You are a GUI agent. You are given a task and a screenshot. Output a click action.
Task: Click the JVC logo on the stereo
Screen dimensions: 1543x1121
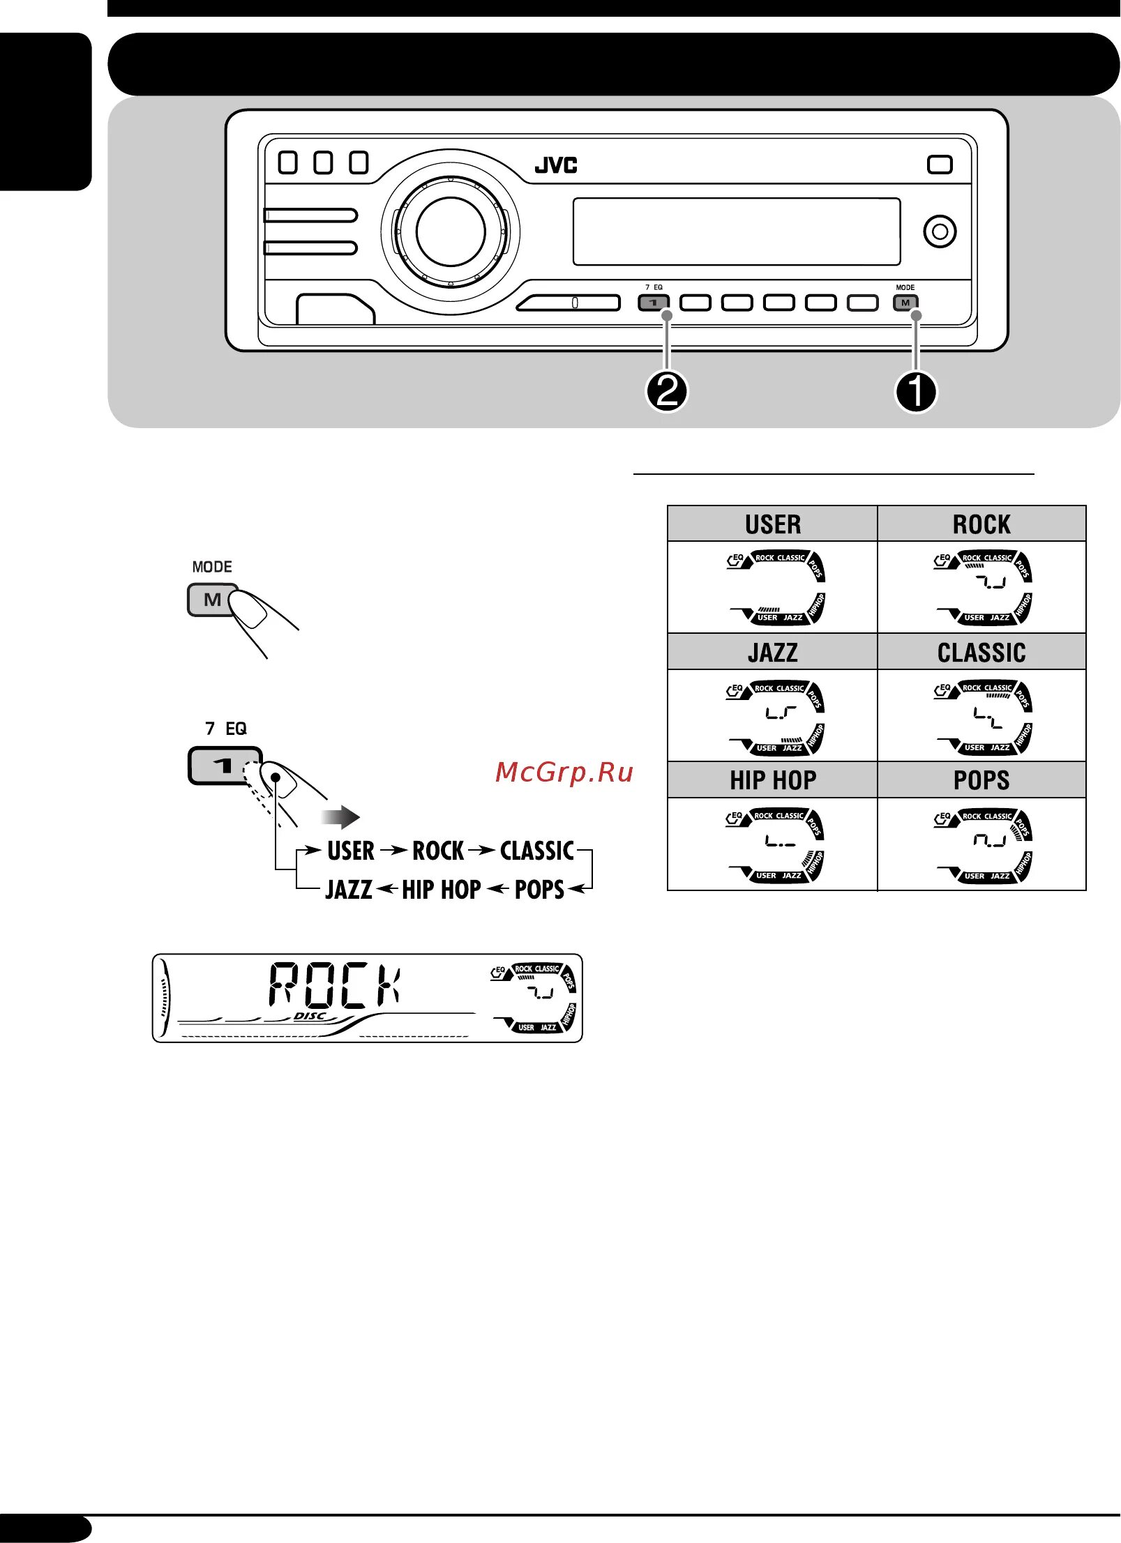pos(556,165)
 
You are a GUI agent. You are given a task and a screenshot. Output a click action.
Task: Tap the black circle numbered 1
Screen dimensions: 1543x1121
pos(915,392)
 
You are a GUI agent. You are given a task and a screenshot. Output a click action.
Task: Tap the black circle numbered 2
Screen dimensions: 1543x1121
pos(667,392)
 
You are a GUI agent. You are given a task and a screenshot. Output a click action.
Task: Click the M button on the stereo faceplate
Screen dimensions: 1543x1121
pos(905,303)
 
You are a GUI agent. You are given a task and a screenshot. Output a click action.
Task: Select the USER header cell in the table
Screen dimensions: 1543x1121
pos(772,524)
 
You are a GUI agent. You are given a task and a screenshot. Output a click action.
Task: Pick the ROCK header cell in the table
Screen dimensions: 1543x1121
pos(981,524)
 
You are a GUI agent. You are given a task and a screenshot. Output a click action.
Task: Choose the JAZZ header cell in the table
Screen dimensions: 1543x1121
pos(772,652)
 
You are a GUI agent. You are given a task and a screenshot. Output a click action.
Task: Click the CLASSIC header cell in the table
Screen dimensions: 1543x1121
pos(981,652)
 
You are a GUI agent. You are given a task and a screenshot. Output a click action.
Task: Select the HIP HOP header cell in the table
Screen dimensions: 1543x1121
pos(772,780)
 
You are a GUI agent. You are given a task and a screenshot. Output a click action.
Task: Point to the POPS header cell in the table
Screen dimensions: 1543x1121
pos(981,780)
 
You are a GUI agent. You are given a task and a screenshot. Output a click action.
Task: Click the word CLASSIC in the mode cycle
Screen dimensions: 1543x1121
pos(537,851)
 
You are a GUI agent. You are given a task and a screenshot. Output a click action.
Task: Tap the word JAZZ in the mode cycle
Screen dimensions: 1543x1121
pos(349,890)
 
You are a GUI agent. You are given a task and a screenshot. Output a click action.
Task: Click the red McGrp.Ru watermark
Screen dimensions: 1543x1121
pos(564,773)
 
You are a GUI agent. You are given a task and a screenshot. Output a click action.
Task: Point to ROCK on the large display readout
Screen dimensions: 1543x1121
pos(336,985)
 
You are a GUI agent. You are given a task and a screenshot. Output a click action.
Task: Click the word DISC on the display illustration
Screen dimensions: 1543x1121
pos(310,1017)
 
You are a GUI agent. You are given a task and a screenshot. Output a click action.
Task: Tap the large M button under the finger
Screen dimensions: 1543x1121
pos(212,600)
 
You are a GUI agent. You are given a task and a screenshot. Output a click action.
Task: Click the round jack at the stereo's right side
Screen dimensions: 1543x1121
pos(940,231)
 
